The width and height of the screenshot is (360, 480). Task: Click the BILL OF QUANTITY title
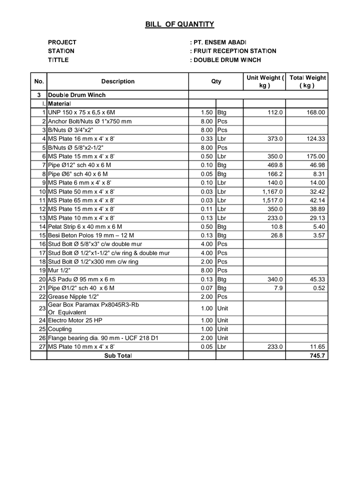tap(179, 24)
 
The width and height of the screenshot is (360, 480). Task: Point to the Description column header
tap(117, 81)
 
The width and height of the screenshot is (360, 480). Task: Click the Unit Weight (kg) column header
tap(264, 81)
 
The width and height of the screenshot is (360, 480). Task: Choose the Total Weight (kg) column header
tap(307, 81)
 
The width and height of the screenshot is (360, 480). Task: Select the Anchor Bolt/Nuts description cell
tap(89, 121)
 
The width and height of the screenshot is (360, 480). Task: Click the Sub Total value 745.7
tap(317, 355)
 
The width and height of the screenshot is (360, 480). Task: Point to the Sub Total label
tap(117, 355)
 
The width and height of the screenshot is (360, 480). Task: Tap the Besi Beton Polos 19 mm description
tap(90, 235)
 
